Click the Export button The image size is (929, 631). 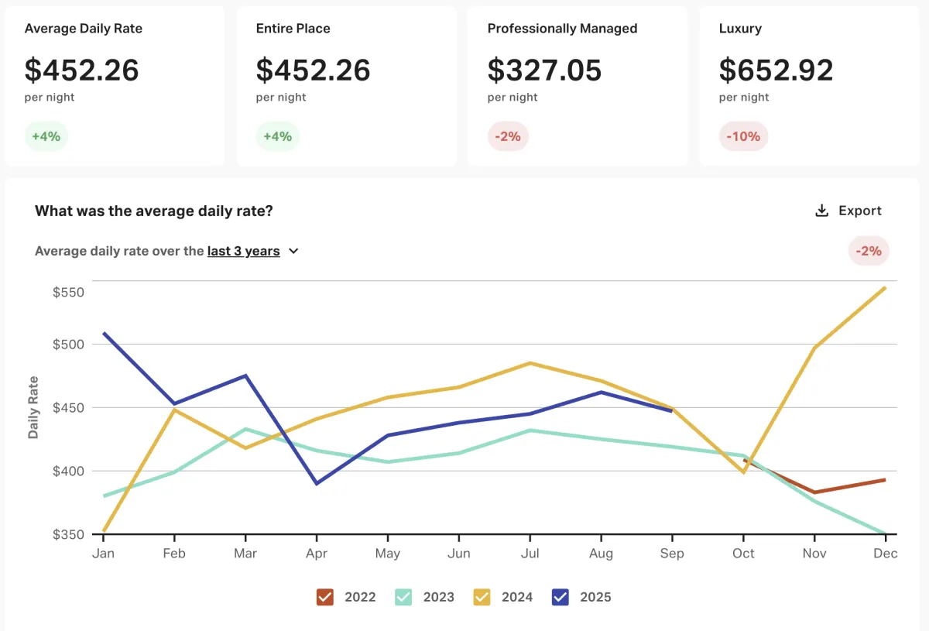pos(848,211)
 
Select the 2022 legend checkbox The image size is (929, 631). pos(325,597)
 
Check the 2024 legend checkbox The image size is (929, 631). pos(482,597)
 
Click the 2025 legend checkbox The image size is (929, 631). pos(560,597)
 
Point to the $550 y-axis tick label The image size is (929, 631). pos(68,293)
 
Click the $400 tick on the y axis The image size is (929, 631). pos(68,471)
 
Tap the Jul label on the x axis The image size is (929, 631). pos(530,554)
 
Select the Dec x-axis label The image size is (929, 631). pos(885,554)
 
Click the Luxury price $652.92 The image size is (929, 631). pos(776,70)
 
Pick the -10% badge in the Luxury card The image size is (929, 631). pos(743,136)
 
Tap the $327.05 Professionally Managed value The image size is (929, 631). pos(544,70)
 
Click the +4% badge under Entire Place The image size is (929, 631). pos(277,136)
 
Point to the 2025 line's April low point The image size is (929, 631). pos(317,483)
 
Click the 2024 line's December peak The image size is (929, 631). pos(885,288)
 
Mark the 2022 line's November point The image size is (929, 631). pos(814,492)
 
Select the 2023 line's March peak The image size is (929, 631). pos(245,429)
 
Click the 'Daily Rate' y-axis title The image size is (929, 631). pos(33,407)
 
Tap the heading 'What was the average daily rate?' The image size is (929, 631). pos(154,211)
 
